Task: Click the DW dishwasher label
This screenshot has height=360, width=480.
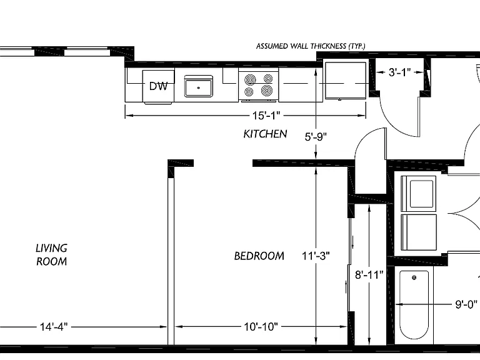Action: [x=158, y=86]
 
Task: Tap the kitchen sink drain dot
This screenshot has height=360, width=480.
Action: [x=198, y=88]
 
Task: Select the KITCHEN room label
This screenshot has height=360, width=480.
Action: [x=265, y=134]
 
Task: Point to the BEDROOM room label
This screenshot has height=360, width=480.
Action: [x=259, y=256]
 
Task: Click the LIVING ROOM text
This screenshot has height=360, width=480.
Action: [x=51, y=255]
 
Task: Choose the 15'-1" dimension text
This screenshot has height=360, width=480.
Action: [x=266, y=116]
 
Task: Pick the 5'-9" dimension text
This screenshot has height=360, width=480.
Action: [x=316, y=136]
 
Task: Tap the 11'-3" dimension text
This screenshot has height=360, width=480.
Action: [x=316, y=256]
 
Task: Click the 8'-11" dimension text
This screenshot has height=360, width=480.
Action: [x=369, y=275]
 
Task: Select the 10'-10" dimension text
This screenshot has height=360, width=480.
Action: [x=261, y=327]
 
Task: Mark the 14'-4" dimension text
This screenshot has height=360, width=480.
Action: [x=54, y=327]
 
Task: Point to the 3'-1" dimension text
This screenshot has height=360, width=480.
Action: [x=399, y=72]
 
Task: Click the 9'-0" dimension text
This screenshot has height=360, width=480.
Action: [x=466, y=304]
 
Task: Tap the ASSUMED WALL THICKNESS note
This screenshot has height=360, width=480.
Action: [x=311, y=46]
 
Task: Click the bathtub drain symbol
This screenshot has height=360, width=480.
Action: [x=414, y=277]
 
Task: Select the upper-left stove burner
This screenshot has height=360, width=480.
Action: [x=250, y=80]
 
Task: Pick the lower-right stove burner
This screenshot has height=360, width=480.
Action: [x=267, y=91]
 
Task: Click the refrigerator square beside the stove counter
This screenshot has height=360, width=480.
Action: [x=345, y=81]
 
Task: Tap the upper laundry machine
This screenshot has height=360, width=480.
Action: [x=419, y=194]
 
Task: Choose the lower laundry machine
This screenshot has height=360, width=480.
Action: [x=419, y=232]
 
